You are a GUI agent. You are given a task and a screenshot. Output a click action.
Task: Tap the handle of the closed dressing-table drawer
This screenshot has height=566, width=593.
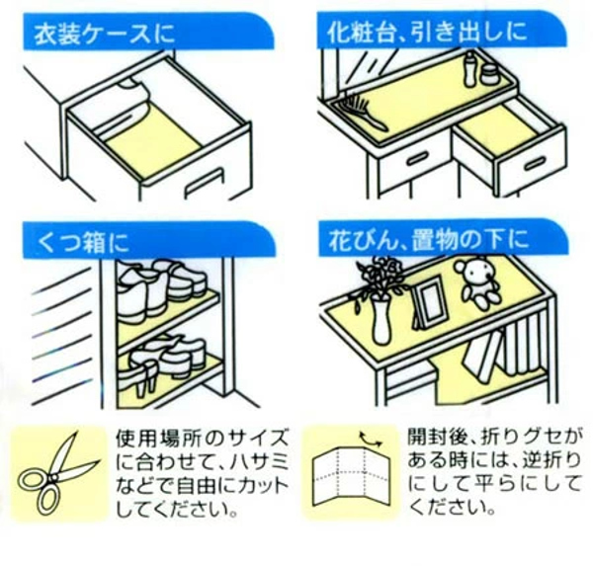click(x=416, y=159)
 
